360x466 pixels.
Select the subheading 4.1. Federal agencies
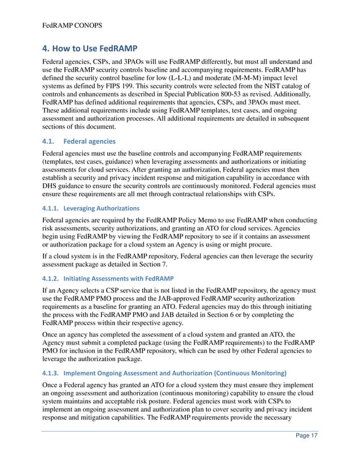click(79, 140)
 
